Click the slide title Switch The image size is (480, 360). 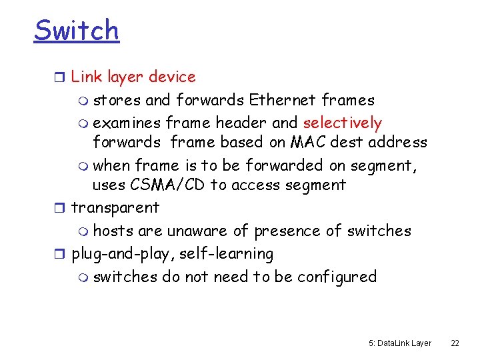coord(76,30)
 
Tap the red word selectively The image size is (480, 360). coord(343,123)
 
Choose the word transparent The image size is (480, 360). coord(115,207)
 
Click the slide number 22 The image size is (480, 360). coord(455,343)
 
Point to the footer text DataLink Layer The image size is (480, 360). coord(404,343)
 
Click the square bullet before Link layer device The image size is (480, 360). coord(62,77)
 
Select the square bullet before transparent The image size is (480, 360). coord(62,208)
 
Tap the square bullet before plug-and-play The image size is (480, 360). coord(62,254)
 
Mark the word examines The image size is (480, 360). coord(127,123)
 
